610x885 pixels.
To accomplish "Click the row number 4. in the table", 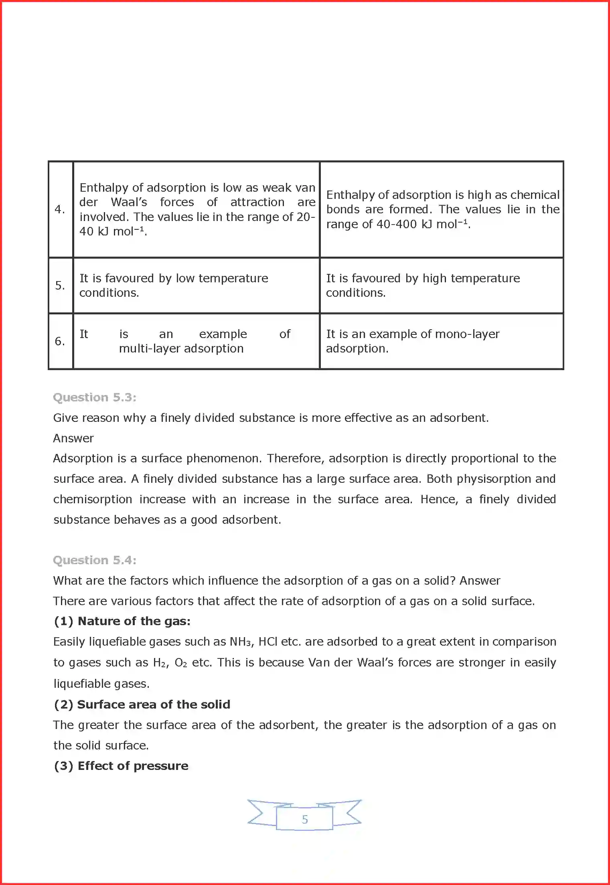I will [x=60, y=209].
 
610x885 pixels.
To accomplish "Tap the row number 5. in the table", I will [x=60, y=285].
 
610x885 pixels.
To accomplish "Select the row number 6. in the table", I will [x=60, y=341].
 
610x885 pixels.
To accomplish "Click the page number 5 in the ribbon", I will [x=305, y=819].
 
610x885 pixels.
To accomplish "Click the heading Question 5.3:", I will [x=95, y=397].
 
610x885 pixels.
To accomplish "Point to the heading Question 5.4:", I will [x=95, y=560].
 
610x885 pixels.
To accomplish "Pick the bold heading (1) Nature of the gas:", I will [x=122, y=621].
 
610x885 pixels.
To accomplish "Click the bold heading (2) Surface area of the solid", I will [x=142, y=705].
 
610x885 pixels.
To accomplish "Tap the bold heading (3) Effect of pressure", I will [x=121, y=766].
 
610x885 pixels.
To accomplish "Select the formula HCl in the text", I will [x=268, y=642].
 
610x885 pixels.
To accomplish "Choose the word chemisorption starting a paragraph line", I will [x=93, y=499].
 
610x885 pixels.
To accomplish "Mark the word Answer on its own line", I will [x=73, y=438].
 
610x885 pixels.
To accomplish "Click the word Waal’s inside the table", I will [x=129, y=202].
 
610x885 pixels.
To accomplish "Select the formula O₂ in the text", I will [x=181, y=662].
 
